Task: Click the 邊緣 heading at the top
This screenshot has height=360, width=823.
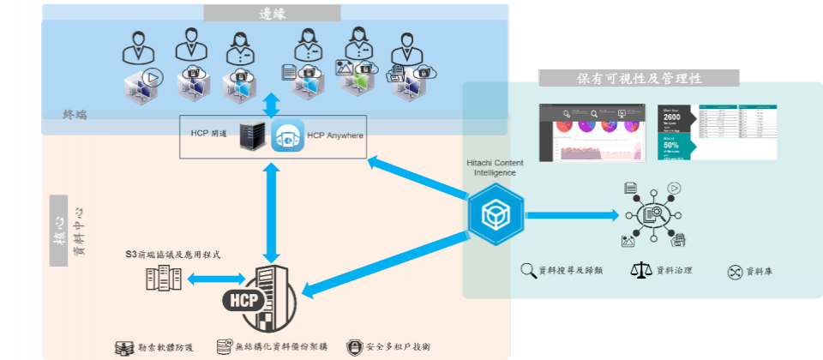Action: [272, 13]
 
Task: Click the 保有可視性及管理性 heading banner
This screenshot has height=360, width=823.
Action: [639, 78]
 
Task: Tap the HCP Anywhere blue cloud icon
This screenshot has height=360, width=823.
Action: [288, 136]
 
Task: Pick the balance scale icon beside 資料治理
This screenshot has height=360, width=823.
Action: [641, 271]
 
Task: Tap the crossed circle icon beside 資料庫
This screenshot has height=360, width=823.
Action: [734, 273]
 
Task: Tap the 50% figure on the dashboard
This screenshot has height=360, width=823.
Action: [670, 146]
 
